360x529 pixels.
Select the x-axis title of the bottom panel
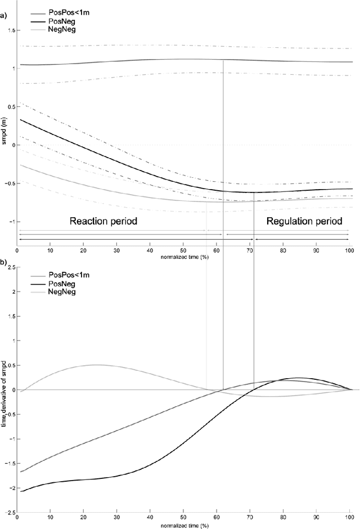pyautogui.click(x=183, y=524)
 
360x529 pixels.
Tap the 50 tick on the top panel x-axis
pyautogui.click(x=183, y=250)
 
